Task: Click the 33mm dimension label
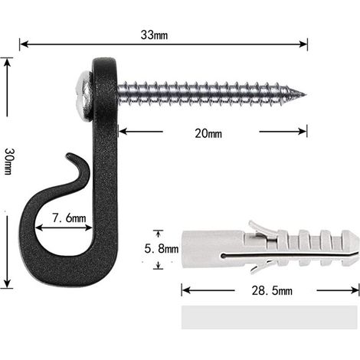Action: (154, 35)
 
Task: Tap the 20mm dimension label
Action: (208, 133)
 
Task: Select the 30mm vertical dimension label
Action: (8, 162)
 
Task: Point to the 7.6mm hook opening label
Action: (69, 218)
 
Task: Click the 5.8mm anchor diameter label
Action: (162, 248)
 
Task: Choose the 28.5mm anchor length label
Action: (272, 291)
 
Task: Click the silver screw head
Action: (84, 97)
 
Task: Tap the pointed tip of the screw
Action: (305, 95)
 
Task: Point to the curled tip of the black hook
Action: (70, 155)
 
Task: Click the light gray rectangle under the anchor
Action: (269, 317)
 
